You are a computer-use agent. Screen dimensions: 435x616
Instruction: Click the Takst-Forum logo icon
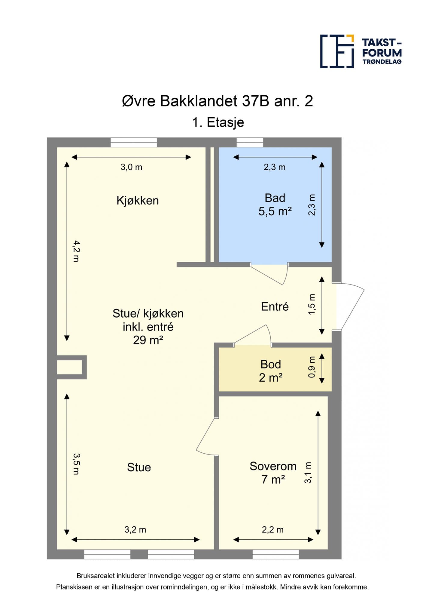(x=337, y=51)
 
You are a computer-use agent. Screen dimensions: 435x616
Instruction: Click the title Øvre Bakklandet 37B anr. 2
(x=218, y=101)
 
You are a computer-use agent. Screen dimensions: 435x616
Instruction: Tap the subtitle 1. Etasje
(x=218, y=122)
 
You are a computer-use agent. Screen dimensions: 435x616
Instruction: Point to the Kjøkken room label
(x=138, y=201)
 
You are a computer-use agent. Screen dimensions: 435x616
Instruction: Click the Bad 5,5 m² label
(x=275, y=205)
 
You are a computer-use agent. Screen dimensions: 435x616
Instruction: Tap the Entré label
(x=275, y=306)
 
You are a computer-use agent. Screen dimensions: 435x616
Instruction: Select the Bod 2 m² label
(x=271, y=371)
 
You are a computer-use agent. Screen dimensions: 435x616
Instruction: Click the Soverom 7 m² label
(x=273, y=473)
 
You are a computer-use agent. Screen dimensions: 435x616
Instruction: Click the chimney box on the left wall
(x=72, y=367)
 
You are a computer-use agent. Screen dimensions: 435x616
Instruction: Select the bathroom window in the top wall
(x=250, y=142)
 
